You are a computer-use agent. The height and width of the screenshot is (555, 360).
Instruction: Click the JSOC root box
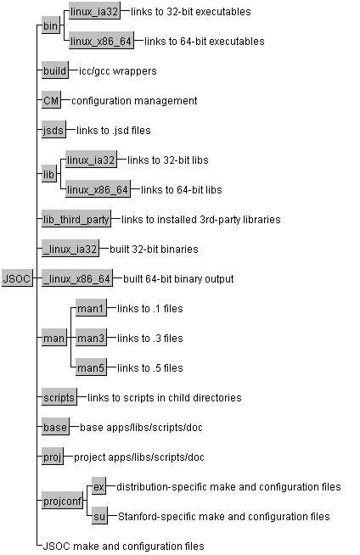click(17, 278)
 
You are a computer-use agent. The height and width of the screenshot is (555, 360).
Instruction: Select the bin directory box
click(50, 25)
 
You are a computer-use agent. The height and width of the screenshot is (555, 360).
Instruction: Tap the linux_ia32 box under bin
click(94, 11)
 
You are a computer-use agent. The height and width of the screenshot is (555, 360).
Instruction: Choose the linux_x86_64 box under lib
click(98, 189)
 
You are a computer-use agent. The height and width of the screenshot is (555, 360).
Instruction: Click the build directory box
click(55, 70)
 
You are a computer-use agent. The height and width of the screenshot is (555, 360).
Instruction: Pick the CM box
click(51, 100)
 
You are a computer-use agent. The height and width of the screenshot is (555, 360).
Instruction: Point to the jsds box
click(53, 130)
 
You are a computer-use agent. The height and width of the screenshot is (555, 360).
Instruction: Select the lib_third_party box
click(76, 220)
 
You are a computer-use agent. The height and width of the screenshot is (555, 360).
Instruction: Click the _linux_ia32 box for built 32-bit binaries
click(70, 249)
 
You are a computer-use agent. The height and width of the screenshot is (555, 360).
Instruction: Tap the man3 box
click(91, 338)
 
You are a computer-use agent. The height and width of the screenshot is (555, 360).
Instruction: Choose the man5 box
click(91, 367)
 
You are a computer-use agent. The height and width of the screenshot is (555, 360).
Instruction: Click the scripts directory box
click(59, 397)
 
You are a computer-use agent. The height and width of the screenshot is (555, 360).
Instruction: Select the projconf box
click(62, 502)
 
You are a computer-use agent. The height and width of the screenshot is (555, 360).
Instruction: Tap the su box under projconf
click(99, 516)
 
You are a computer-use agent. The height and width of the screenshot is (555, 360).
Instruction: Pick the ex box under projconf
click(98, 487)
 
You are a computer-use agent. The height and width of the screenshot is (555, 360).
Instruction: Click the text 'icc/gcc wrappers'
click(118, 71)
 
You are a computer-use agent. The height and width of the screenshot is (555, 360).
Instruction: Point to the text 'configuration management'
click(134, 101)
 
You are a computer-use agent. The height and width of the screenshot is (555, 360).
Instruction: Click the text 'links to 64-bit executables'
click(205, 42)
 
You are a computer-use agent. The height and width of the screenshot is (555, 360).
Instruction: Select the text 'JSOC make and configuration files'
click(123, 547)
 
